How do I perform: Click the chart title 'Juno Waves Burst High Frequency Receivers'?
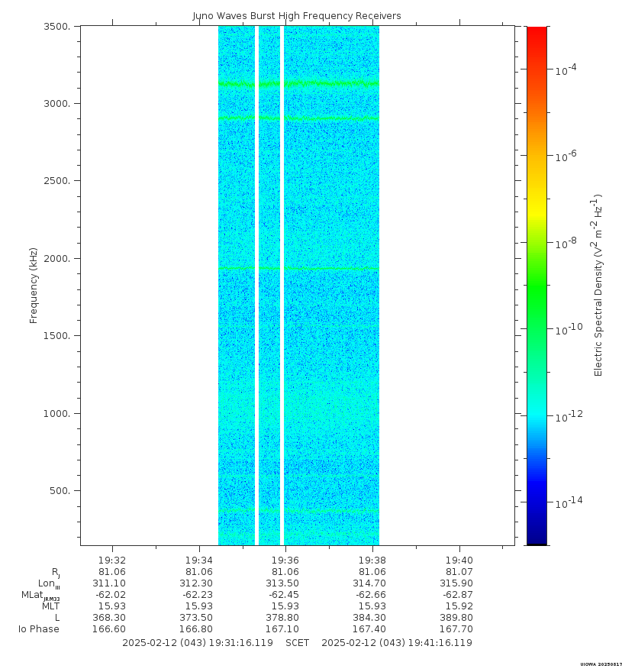point(296,16)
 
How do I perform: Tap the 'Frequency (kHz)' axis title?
point(34,286)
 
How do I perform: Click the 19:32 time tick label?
point(112,560)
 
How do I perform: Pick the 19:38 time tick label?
point(372,560)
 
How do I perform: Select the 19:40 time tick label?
point(459,560)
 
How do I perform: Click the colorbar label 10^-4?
point(566,69)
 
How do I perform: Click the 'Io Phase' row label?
point(39,629)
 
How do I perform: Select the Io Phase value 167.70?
point(459,629)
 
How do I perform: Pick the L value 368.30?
point(112,618)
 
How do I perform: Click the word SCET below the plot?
point(297,643)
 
